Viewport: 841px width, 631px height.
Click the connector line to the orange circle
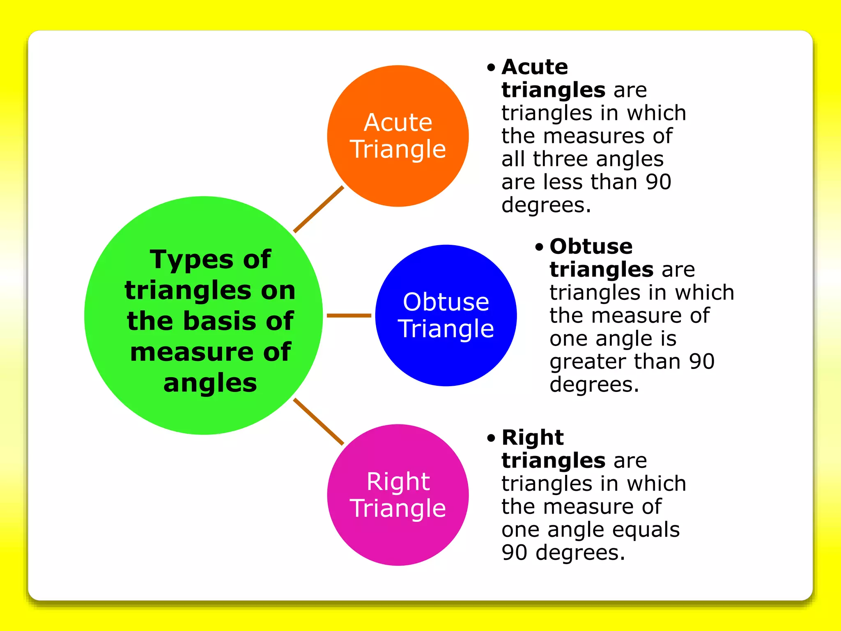(319, 209)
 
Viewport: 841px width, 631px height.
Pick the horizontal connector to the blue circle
(349, 315)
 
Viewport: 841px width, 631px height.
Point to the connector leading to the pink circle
(319, 421)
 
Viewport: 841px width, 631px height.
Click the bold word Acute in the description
(535, 67)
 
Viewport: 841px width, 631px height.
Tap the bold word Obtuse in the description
(591, 246)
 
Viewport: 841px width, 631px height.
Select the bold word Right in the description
(533, 437)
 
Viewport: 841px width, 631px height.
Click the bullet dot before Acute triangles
(491, 68)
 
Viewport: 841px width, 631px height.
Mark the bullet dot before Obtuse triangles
(539, 247)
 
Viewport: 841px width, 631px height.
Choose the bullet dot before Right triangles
(491, 438)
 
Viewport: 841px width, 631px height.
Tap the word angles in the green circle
(210, 383)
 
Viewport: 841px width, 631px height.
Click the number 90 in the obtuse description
(701, 362)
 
